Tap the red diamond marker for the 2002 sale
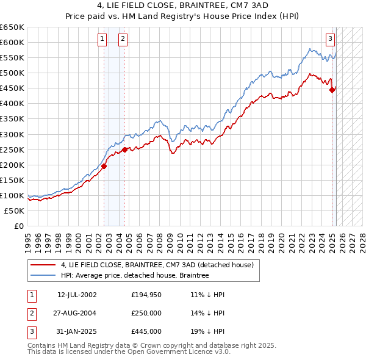tap(104, 165)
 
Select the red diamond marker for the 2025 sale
tap(332, 90)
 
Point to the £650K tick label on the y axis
tap(12, 27)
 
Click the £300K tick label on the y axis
tap(12, 134)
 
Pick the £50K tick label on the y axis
tap(15, 211)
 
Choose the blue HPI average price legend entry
tap(135, 275)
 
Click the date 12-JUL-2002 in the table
tap(77, 295)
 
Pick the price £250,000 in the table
tap(146, 313)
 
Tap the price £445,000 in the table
tap(146, 331)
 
